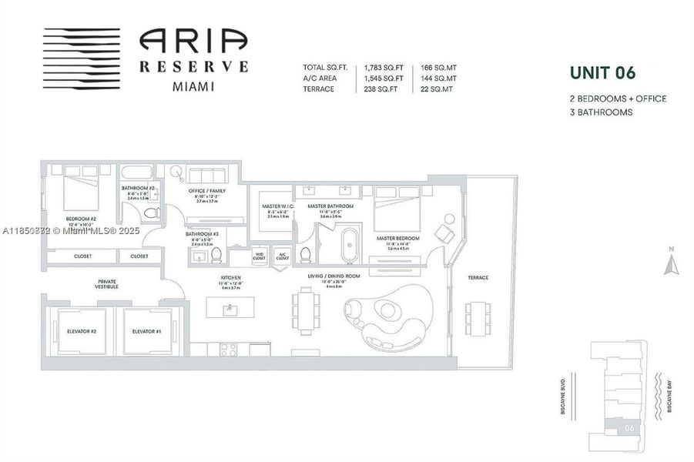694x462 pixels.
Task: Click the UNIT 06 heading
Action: tap(602, 73)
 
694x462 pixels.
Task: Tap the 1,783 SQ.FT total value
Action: tap(383, 68)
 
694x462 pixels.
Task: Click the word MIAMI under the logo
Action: tap(193, 85)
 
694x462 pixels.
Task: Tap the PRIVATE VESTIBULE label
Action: tap(107, 284)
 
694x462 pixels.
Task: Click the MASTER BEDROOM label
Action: tap(398, 239)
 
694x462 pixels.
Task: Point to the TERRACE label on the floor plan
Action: tap(477, 277)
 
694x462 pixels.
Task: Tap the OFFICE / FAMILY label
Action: tap(206, 190)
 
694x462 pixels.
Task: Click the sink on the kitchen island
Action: tap(229, 310)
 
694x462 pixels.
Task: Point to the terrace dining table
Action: tap(476, 315)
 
